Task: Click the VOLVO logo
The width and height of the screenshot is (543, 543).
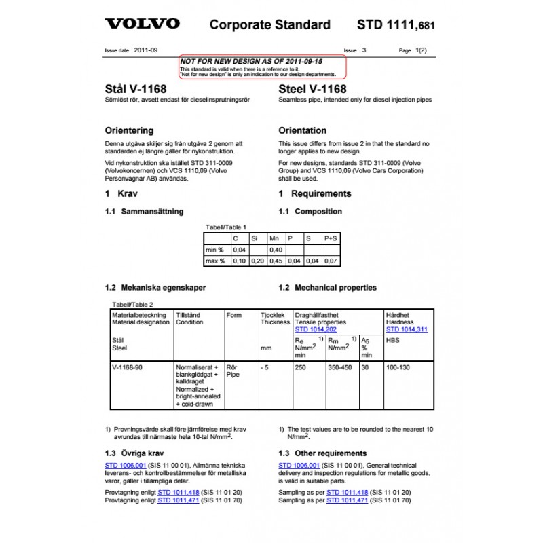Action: [142, 24]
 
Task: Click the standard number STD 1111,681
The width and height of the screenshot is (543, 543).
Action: [395, 26]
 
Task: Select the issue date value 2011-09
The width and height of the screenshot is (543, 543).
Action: [146, 50]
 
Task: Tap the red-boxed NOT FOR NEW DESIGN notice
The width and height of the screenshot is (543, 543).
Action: [261, 65]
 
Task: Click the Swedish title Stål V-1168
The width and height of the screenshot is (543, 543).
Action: [136, 89]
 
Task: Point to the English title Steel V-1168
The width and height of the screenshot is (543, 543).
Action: [312, 89]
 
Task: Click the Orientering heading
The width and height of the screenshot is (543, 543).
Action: [129, 130]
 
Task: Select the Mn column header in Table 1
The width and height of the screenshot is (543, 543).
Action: [274, 239]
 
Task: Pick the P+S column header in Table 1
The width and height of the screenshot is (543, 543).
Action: [331, 239]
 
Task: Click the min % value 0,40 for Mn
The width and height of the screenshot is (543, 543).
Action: [276, 250]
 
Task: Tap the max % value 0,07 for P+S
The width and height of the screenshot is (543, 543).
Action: [330, 261]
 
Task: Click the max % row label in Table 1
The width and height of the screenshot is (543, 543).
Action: [215, 261]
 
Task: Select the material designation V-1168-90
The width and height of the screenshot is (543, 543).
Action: [127, 367]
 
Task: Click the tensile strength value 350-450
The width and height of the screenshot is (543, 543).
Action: [340, 367]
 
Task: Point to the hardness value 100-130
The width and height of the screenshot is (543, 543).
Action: [398, 367]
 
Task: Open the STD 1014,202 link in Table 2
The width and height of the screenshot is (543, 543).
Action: [315, 329]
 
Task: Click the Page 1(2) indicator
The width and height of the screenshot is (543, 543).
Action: [413, 50]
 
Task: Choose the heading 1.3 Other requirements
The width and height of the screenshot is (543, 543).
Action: [322, 453]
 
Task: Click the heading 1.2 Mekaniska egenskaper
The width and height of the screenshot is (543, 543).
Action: [155, 288]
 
